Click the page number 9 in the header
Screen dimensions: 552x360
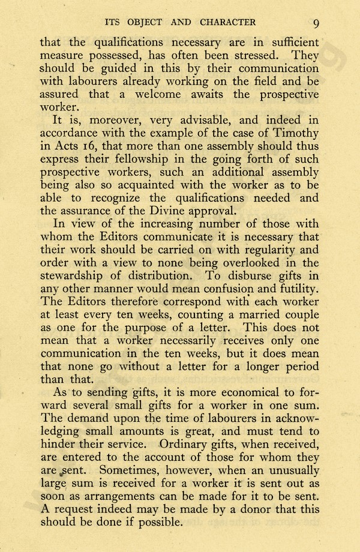[316, 23]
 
